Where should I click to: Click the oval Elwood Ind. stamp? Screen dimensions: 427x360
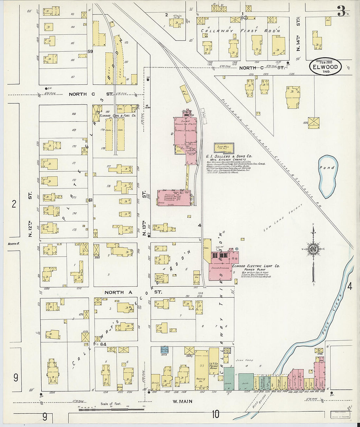click(325, 67)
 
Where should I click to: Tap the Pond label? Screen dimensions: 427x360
click(327, 168)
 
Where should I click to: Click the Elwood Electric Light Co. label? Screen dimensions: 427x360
click(256, 266)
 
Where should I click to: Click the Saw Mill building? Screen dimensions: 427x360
click(224, 148)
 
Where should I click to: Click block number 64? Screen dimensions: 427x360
click(104, 344)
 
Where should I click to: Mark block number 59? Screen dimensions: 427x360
click(90, 51)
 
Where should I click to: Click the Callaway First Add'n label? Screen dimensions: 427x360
click(241, 31)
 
